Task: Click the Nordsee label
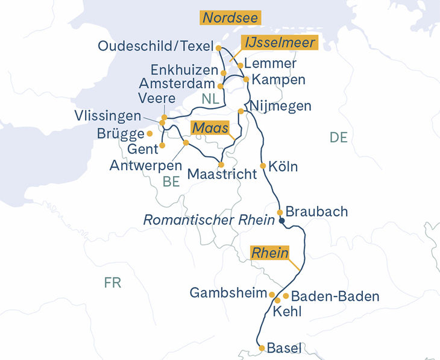click(231, 18)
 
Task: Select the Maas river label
click(210, 128)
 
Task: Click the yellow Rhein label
click(270, 253)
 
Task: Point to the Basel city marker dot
click(262, 348)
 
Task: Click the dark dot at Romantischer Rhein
click(281, 221)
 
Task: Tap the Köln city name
click(283, 166)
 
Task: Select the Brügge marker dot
click(149, 133)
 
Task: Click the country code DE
click(339, 138)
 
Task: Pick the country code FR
click(113, 283)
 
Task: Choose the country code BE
click(172, 182)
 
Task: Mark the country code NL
click(211, 99)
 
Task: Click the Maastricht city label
click(222, 174)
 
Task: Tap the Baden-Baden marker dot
click(286, 295)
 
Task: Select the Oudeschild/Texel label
click(156, 46)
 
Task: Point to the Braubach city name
click(316, 212)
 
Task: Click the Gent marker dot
click(162, 145)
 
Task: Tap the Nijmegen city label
click(280, 107)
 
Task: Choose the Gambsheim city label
click(228, 294)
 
